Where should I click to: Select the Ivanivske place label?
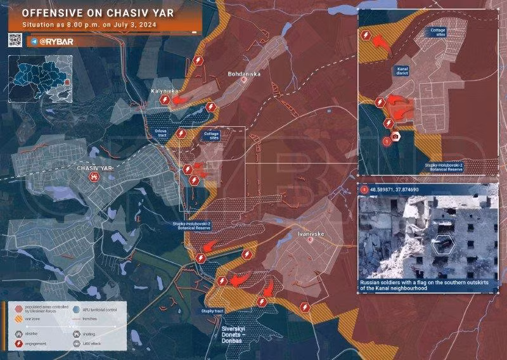click(x=311, y=234)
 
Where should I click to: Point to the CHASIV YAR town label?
click(x=94, y=168)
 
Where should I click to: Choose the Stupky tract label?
click(x=212, y=311)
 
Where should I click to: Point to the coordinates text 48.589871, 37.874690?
click(x=404, y=189)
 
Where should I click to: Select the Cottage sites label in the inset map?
click(x=437, y=32)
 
